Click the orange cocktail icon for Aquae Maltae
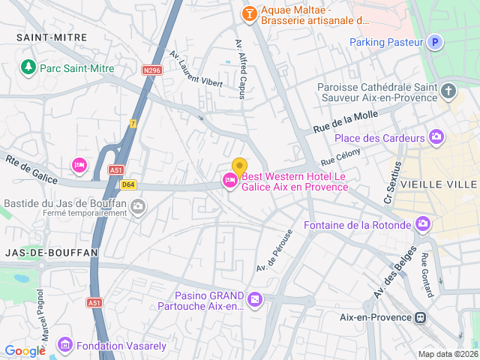(x=248, y=13)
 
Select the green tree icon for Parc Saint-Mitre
(x=28, y=67)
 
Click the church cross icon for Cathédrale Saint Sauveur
(x=448, y=92)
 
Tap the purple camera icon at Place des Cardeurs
(x=436, y=136)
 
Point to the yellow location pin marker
(x=239, y=167)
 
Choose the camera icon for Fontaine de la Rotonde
(x=424, y=224)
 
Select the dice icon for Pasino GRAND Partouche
(x=256, y=300)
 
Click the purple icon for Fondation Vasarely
(x=65, y=345)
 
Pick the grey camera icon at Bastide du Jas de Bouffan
(x=138, y=206)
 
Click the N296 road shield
(x=153, y=70)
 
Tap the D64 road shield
(x=128, y=184)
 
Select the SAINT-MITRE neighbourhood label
(x=52, y=37)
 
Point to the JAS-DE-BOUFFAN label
(x=52, y=253)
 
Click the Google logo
(x=25, y=350)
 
